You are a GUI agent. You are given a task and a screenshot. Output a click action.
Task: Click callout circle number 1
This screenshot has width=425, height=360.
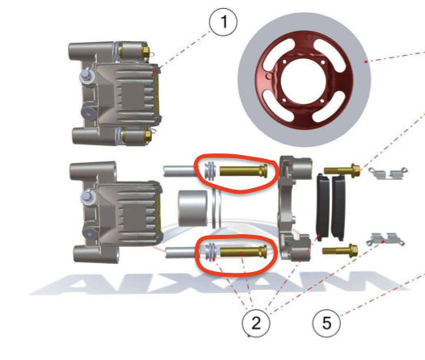click(x=224, y=22)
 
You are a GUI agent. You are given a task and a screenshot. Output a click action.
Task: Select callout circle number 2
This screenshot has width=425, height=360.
click(x=256, y=323)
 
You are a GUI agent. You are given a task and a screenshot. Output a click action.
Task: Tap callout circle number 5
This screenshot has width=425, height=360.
click(x=326, y=323)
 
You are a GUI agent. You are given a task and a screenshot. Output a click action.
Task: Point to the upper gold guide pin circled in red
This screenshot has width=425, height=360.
click(x=243, y=171)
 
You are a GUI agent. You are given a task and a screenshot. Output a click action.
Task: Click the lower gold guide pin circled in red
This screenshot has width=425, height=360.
click(x=244, y=252)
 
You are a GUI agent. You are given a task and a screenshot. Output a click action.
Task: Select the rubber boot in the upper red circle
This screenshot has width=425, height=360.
click(x=210, y=171)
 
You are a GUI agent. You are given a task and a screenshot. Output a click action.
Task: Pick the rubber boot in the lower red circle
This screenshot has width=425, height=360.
click(x=210, y=252)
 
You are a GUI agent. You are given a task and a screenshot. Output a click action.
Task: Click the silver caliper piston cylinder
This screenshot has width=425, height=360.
click(x=193, y=208)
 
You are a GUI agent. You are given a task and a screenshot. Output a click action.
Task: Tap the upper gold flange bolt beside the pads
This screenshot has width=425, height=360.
click(x=342, y=171)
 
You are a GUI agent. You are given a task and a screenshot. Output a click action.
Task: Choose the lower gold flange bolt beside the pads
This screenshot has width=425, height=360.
click(x=340, y=251)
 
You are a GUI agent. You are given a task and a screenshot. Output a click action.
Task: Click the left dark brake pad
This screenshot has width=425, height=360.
click(x=323, y=207)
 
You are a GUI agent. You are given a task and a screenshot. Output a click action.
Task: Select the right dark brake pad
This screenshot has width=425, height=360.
click(x=339, y=207)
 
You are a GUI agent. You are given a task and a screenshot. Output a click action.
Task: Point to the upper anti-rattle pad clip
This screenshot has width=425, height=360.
click(x=388, y=174)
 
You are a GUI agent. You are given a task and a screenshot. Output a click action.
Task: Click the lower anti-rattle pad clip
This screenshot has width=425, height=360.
click(x=385, y=239)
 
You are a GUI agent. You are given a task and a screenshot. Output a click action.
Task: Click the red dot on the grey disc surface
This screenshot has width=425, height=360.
click(x=366, y=61)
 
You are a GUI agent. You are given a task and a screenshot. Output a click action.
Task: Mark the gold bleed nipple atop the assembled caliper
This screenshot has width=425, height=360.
click(x=145, y=50)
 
